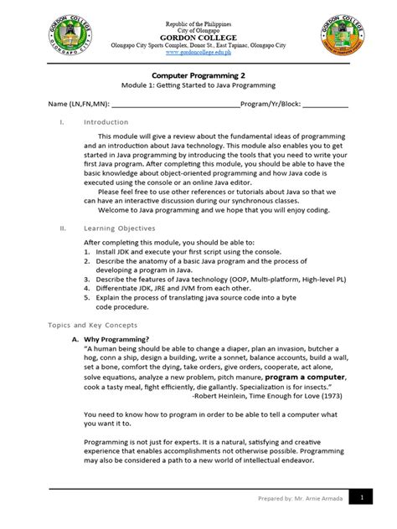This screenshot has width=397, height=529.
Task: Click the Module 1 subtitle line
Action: point(198,87)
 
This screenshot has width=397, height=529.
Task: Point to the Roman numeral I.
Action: point(61,122)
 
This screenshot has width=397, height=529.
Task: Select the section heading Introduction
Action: point(106,122)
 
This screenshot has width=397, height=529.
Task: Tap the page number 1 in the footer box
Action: point(362,497)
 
